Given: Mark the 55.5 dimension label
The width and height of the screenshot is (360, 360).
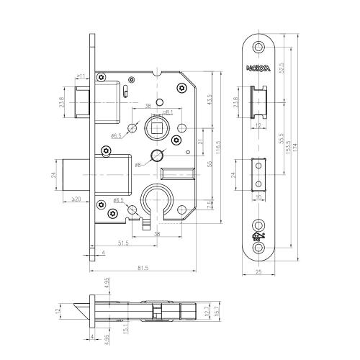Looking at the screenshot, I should coord(279,138).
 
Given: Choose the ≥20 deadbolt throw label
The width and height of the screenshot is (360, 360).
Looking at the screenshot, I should coord(75,199).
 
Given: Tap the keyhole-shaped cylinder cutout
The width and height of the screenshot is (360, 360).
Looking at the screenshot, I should coord(158,201).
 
